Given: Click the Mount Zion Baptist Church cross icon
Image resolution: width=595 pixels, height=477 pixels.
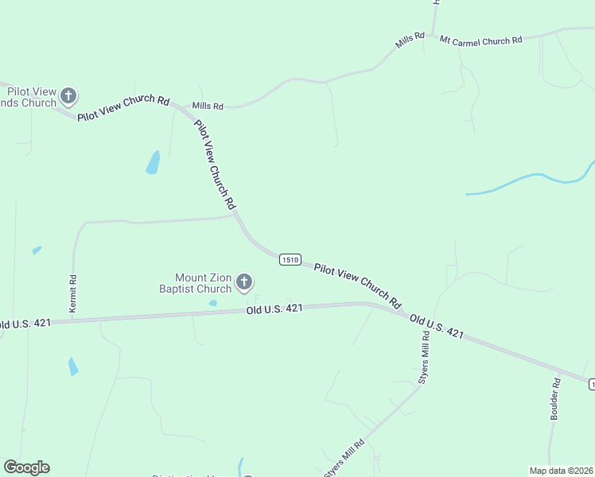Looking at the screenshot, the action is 244,281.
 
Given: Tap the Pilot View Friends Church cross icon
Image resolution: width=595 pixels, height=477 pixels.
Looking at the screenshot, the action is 68,97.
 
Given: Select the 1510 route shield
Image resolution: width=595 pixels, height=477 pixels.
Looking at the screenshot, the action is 290,259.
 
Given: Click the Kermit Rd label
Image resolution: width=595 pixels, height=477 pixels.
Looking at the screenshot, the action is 72,293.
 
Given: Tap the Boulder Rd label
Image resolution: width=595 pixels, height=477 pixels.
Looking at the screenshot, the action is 555,398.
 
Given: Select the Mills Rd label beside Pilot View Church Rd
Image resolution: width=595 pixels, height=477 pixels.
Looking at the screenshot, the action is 208,105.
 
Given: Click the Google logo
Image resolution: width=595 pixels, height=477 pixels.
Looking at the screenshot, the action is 26,467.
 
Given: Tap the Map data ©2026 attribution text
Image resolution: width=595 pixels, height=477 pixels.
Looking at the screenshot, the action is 561,471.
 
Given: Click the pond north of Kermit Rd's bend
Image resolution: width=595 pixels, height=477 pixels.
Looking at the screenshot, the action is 152,163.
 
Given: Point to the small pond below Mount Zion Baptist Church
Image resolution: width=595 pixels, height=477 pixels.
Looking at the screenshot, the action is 212,303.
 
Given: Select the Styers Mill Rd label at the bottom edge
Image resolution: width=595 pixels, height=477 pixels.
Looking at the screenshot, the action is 344,459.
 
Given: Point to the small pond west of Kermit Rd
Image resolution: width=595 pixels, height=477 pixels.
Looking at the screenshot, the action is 37,250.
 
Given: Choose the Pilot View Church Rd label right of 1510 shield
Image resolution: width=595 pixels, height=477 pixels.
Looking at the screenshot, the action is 357,285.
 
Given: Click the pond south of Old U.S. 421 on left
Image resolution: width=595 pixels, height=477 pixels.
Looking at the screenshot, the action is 73,366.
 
